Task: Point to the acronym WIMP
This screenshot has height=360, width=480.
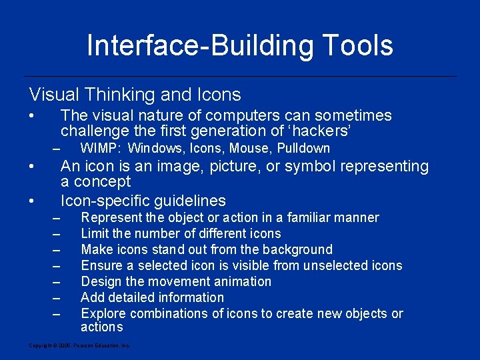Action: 101,148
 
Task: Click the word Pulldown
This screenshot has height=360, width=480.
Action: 304,148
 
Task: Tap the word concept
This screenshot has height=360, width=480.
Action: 101,181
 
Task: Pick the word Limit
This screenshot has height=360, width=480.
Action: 95,233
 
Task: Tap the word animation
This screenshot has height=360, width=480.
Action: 239,281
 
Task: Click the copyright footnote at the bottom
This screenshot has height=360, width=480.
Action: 79,345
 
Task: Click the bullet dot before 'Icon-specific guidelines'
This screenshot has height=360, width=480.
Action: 31,201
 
